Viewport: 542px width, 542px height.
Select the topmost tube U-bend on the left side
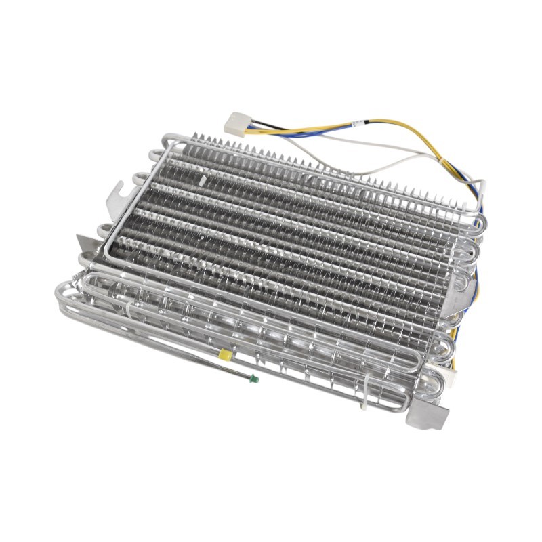(153, 143)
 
